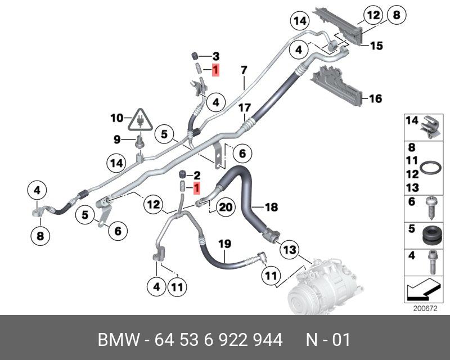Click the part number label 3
click(215, 56)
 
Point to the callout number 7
click(244, 70)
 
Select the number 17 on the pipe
click(244, 107)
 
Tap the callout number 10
click(116, 118)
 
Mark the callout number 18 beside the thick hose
click(271, 208)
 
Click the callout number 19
click(224, 244)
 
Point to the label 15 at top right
click(376, 46)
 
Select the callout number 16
click(375, 99)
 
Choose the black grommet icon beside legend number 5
click(430, 233)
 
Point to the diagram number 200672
click(425, 308)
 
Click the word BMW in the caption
click(118, 340)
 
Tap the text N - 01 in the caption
click(328, 340)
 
